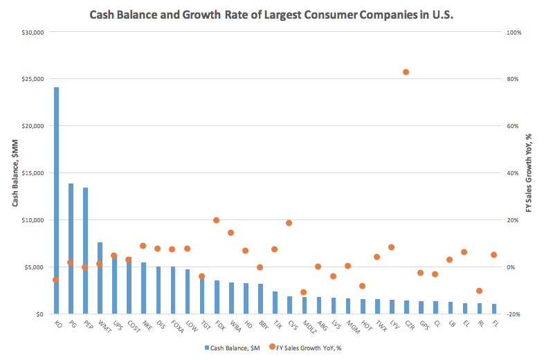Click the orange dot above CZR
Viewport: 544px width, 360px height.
coord(406,72)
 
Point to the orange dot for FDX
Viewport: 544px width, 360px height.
coord(216,220)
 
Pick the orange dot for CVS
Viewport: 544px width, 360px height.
coord(289,223)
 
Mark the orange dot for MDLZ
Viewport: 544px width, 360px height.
coord(304,292)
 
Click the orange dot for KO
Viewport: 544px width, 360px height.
coord(56,280)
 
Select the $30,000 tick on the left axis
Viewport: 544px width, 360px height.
coord(33,32)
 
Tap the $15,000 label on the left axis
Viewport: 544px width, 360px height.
coord(33,173)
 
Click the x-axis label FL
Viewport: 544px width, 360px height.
coord(493,324)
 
